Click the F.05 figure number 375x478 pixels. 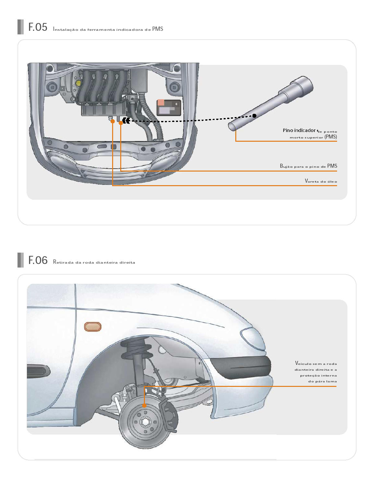click(x=38, y=27)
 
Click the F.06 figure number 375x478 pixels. click(x=38, y=260)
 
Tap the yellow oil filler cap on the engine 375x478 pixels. click(x=78, y=83)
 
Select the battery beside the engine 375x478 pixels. click(x=169, y=108)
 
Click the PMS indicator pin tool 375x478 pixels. click(x=271, y=103)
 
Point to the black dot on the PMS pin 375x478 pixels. click(x=254, y=115)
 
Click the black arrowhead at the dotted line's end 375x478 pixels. click(x=126, y=121)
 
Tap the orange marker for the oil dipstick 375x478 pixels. click(x=112, y=121)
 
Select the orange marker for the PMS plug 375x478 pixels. click(x=121, y=123)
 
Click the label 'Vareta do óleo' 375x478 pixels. click(x=321, y=181)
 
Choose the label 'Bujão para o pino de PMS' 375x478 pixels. click(x=309, y=166)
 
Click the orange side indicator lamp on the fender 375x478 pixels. click(x=93, y=327)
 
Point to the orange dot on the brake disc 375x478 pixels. click(x=145, y=406)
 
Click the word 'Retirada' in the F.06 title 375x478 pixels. click(x=63, y=262)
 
